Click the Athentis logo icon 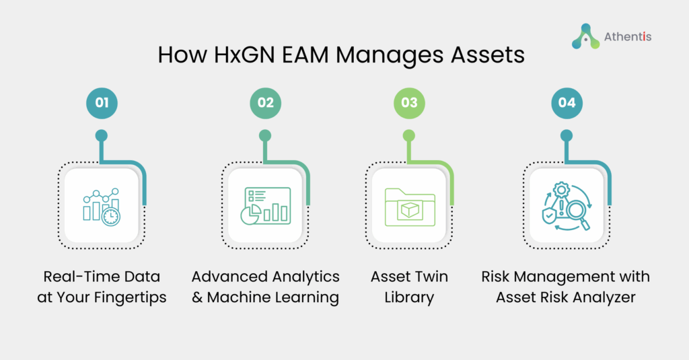tap(585, 36)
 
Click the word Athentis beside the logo tap(628, 36)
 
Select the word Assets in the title tap(488, 55)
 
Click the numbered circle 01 tap(102, 103)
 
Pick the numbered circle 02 tap(265, 103)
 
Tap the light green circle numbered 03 tap(409, 103)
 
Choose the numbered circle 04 tap(567, 103)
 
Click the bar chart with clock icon tap(102, 207)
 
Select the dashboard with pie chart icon tap(265, 206)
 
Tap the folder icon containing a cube tap(410, 207)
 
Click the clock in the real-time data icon tap(111, 217)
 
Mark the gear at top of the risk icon tap(561, 190)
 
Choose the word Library tap(409, 297)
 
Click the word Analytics tap(303, 277)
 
